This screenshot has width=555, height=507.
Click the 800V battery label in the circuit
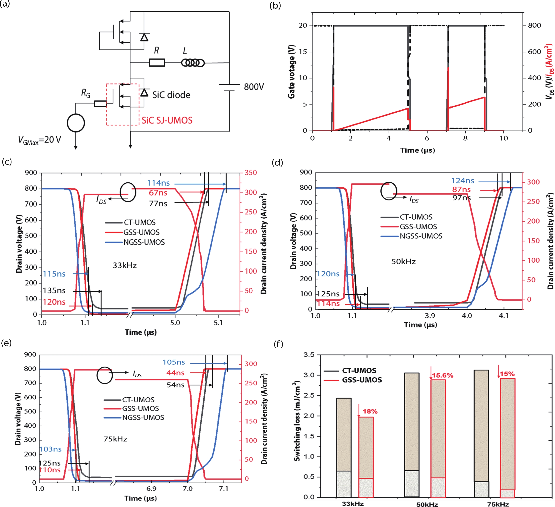[x=254, y=87]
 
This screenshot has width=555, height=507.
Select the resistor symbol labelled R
[x=157, y=63]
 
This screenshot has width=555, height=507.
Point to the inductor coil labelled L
[x=193, y=63]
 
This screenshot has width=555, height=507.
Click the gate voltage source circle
[x=76, y=123]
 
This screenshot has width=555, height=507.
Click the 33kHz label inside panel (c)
[x=124, y=265]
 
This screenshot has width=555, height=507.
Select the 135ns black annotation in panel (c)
[x=54, y=290]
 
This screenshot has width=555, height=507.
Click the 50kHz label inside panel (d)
[x=403, y=261]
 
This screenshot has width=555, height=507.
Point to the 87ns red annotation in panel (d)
[x=461, y=189]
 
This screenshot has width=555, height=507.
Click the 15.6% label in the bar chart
[x=442, y=376]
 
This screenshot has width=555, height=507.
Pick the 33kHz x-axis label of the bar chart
[x=353, y=504]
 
